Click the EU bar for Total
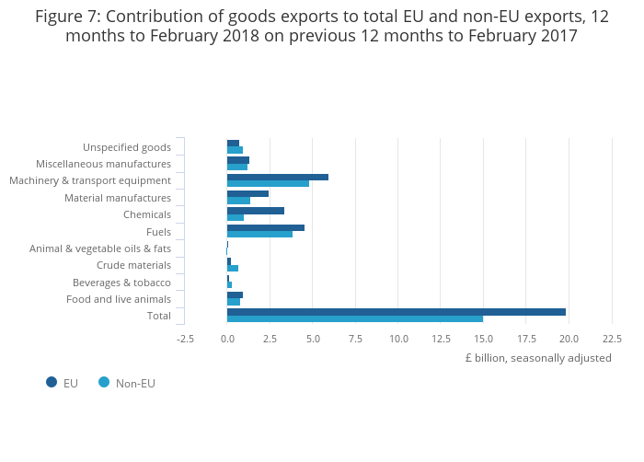(396, 312)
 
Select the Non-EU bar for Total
(354, 319)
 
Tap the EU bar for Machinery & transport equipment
(277, 177)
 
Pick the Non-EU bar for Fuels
(259, 234)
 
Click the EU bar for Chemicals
(255, 211)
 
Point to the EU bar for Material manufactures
(247, 193)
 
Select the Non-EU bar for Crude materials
(233, 268)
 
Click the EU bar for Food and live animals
(235, 295)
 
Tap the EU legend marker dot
(52, 382)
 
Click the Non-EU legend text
(135, 383)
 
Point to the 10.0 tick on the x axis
(398, 339)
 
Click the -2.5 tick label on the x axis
(185, 339)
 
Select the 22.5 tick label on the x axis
(612, 339)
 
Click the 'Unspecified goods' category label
(127, 147)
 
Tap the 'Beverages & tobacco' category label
(121, 283)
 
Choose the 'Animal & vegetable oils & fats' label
(100, 248)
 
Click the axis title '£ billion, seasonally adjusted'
(538, 358)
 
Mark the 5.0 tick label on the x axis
(313, 339)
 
